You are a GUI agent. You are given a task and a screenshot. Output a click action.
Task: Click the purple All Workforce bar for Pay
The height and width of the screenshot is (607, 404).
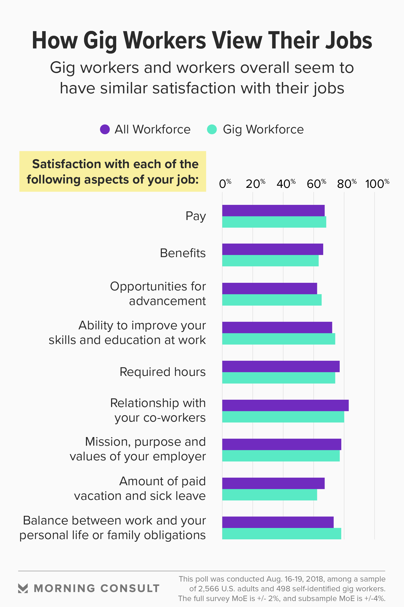(x=273, y=211)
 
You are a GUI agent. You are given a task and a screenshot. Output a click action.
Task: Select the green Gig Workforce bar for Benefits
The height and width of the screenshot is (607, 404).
(x=270, y=261)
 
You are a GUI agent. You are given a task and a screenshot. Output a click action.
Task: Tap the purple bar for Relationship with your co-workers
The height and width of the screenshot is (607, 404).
(x=285, y=405)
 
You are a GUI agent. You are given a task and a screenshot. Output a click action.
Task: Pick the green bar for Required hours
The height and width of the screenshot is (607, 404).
(x=279, y=378)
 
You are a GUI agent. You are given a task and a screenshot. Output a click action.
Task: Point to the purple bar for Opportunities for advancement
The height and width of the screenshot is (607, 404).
(x=269, y=288)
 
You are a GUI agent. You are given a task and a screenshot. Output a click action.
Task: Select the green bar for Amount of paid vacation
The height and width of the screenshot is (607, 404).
(x=269, y=495)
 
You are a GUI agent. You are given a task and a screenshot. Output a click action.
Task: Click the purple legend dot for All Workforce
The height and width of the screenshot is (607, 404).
(x=105, y=129)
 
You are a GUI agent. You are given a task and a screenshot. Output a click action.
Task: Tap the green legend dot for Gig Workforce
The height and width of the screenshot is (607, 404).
(x=212, y=129)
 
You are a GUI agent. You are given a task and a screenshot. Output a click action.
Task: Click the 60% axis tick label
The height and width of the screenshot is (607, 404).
(x=316, y=184)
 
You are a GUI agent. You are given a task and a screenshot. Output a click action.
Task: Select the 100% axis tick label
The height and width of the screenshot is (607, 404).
(x=377, y=184)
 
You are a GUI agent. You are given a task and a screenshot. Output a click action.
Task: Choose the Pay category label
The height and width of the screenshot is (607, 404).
(x=196, y=216)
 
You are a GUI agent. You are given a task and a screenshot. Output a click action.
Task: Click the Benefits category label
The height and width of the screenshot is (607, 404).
(x=183, y=253)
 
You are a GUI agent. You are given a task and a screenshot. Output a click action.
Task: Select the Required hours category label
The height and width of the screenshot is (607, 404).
(x=162, y=372)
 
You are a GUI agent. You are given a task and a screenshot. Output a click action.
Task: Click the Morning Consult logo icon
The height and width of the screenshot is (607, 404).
(x=23, y=588)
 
